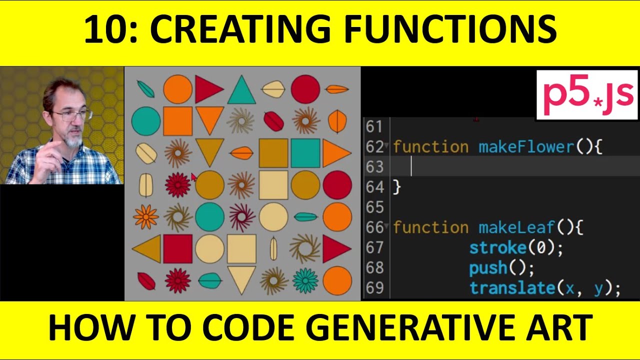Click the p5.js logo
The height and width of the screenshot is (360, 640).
(587, 95)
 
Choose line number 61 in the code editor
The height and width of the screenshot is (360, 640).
(374, 127)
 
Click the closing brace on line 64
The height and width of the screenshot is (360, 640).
(397, 187)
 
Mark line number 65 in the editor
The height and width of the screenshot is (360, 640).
(374, 207)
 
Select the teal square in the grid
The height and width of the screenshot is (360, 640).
(305, 153)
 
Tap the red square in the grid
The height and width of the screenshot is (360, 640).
(177, 248)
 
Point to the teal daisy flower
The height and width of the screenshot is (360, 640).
(305, 280)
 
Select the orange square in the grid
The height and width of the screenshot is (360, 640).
(177, 121)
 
